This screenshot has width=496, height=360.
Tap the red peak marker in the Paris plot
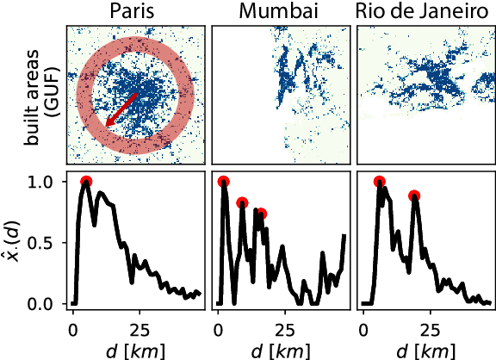(x=86, y=182)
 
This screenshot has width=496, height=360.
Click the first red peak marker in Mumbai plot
(x=224, y=182)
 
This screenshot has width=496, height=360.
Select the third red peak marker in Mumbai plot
(x=261, y=214)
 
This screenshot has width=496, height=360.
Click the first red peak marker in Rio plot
(x=380, y=182)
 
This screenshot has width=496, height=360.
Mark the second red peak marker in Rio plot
(x=414, y=196)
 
